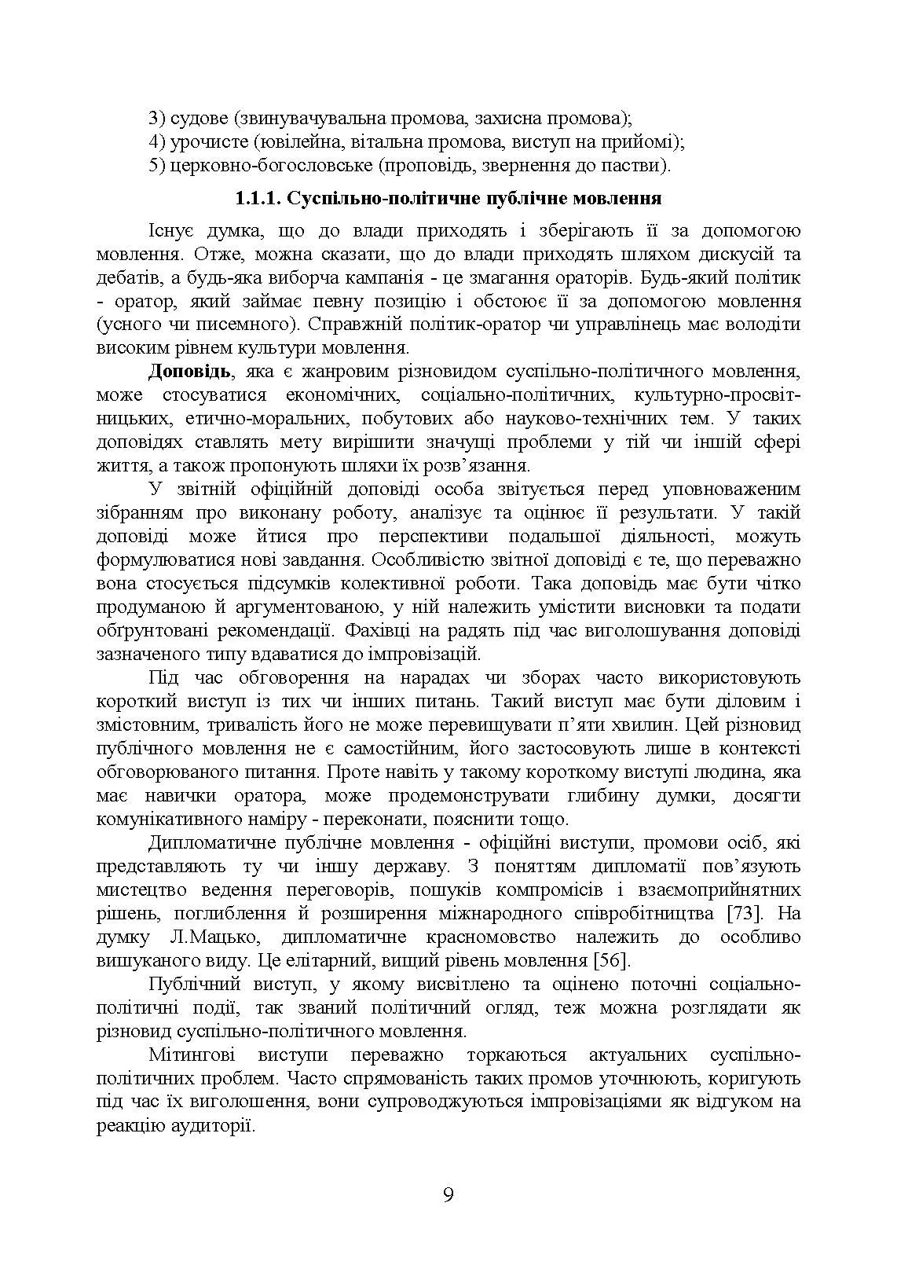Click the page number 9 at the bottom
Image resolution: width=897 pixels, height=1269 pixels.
(449, 1195)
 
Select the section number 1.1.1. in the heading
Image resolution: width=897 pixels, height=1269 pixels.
(258, 198)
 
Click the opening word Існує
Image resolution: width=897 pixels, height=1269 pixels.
(171, 230)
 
